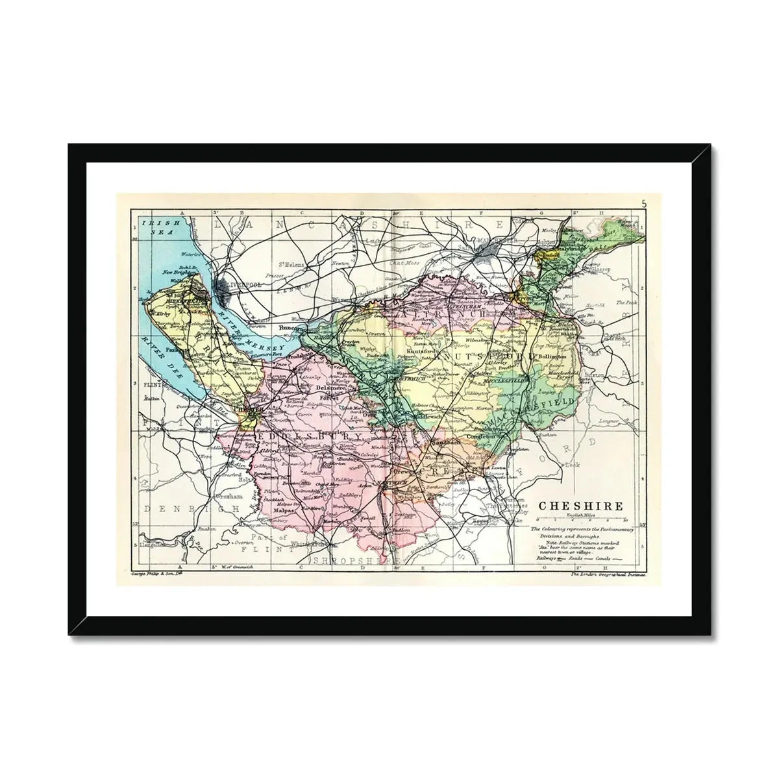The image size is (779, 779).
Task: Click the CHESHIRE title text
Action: point(581,506)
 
